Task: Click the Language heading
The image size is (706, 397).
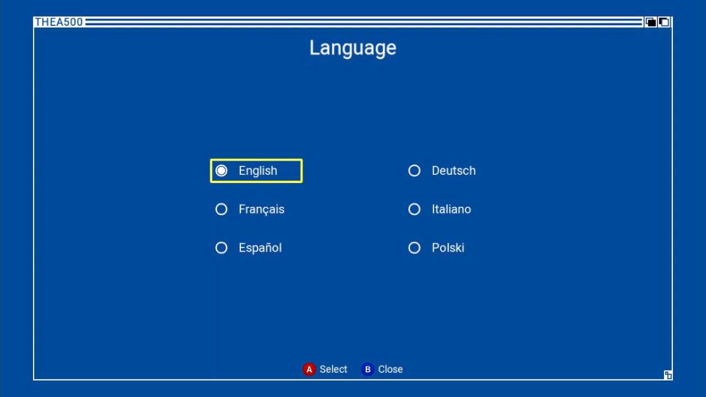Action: pyautogui.click(x=352, y=48)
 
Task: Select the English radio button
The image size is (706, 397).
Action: pyautogui.click(x=221, y=171)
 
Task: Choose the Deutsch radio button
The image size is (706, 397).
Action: pyautogui.click(x=414, y=171)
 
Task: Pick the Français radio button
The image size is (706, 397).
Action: pyautogui.click(x=221, y=209)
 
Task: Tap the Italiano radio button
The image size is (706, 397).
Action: pyautogui.click(x=414, y=209)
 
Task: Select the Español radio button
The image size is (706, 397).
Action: pyautogui.click(x=221, y=248)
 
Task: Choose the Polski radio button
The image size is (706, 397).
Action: pyautogui.click(x=414, y=248)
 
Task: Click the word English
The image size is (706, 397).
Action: pyautogui.click(x=258, y=171)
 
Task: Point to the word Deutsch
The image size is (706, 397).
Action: pyautogui.click(x=453, y=171)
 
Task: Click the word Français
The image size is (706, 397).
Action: pyautogui.click(x=261, y=210)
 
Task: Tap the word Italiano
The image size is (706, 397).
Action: pyautogui.click(x=451, y=209)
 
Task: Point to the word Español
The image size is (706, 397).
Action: pyautogui.click(x=260, y=248)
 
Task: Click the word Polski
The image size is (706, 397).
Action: pyautogui.click(x=448, y=248)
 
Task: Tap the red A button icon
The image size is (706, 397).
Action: pyautogui.click(x=309, y=369)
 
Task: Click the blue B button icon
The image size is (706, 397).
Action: pyautogui.click(x=367, y=369)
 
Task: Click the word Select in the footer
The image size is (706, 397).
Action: pyautogui.click(x=333, y=369)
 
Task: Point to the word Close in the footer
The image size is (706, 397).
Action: pyautogui.click(x=390, y=369)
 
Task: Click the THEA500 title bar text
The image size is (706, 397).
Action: pyautogui.click(x=58, y=22)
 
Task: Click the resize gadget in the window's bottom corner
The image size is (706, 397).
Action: pyautogui.click(x=667, y=375)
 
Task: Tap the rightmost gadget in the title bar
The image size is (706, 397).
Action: pyautogui.click(x=664, y=22)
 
